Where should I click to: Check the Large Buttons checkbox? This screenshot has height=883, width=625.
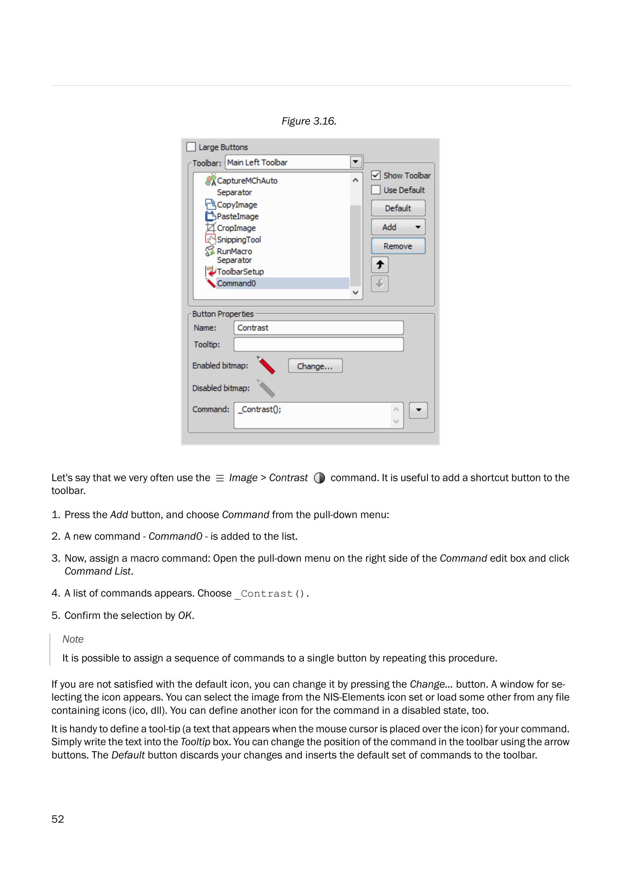click(191, 147)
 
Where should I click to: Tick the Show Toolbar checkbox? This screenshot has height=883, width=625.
click(376, 175)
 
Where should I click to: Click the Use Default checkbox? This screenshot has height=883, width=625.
click(376, 190)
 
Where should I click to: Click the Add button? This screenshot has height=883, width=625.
click(398, 227)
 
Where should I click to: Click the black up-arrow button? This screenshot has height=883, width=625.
click(380, 265)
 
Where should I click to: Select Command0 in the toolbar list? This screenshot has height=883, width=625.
click(236, 283)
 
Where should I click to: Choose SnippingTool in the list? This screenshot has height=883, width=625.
click(239, 239)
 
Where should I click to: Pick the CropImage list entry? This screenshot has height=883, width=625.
click(236, 228)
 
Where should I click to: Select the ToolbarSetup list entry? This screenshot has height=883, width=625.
click(240, 272)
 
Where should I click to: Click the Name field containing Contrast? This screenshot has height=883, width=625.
click(318, 328)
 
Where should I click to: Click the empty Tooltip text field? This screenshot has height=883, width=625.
click(318, 344)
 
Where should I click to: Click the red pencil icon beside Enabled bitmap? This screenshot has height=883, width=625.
click(266, 365)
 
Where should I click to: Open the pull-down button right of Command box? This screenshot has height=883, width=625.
click(418, 410)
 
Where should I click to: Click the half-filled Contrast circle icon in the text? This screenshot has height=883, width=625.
click(319, 478)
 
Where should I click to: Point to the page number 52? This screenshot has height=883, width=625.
click(58, 819)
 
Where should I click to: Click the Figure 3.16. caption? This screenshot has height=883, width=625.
click(309, 121)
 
